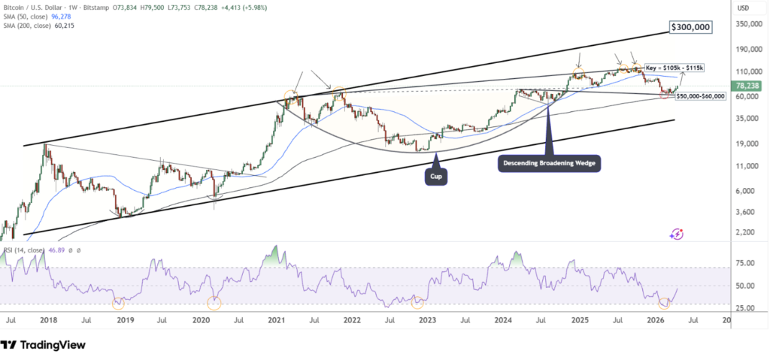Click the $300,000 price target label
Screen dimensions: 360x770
[x=690, y=28]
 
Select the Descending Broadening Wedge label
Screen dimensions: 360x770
[x=550, y=162]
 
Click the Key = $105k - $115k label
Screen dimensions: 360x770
[x=675, y=68]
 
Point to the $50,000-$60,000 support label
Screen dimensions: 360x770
[x=700, y=96]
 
